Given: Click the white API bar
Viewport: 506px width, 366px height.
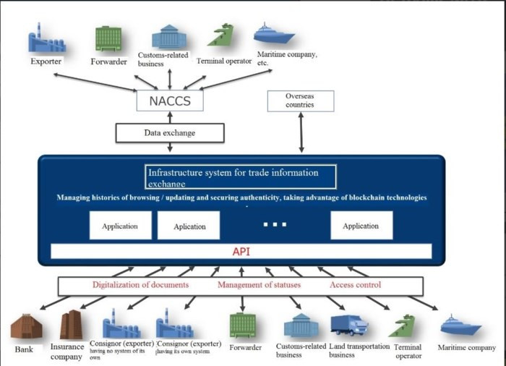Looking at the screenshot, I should [x=241, y=252].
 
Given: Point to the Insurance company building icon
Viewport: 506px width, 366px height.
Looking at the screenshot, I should [x=72, y=325].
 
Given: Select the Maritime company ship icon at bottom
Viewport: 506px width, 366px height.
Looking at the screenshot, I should [x=460, y=325].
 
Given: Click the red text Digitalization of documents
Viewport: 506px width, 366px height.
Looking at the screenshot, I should [x=140, y=285].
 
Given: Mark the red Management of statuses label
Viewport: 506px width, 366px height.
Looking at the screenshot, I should [x=259, y=285].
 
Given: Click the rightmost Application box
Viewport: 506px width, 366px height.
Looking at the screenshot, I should [x=361, y=226].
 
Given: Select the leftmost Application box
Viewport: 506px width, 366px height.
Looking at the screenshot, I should [x=120, y=226].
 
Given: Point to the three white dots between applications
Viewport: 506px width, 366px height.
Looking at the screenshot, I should [x=275, y=224].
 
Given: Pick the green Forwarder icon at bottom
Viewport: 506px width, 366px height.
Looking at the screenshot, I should [x=244, y=326].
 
